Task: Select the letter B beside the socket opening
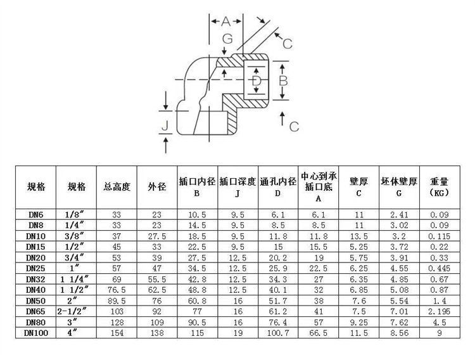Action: (284, 81)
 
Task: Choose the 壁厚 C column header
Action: (358, 187)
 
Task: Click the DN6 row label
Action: (35, 215)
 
